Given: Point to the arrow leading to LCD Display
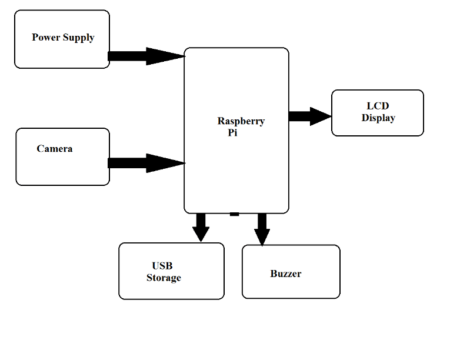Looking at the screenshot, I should click(x=310, y=116).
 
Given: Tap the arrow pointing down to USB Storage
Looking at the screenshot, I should click(x=201, y=227).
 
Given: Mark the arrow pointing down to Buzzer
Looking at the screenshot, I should click(x=262, y=228).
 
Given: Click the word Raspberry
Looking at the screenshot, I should click(x=241, y=121).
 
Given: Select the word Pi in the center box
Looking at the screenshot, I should click(x=232, y=133).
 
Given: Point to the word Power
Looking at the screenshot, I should click(x=45, y=37).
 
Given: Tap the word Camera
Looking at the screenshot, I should click(x=55, y=149).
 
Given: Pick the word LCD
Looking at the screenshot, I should click(x=378, y=106).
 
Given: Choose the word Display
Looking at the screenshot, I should click(x=378, y=118).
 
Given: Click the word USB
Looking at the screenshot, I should click(x=162, y=266).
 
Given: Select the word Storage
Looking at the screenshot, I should click(x=164, y=278).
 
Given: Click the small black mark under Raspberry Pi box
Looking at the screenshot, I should click(x=234, y=214).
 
